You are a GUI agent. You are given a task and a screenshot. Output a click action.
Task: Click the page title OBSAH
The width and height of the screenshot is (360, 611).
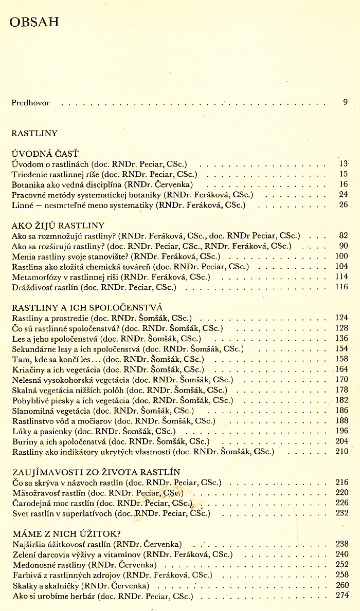(x=34, y=22)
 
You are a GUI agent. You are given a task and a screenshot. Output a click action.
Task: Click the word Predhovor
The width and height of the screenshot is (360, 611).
(x=30, y=103)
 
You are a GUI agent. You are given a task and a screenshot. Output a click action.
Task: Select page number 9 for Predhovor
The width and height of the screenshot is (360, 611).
(x=346, y=102)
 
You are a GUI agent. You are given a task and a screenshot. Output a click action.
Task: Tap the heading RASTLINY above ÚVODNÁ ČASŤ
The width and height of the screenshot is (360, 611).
(x=34, y=133)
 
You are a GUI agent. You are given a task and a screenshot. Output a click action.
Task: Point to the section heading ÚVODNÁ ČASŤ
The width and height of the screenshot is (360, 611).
(x=45, y=154)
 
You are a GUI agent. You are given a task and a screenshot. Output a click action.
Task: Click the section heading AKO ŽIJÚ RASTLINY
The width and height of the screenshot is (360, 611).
(x=58, y=225)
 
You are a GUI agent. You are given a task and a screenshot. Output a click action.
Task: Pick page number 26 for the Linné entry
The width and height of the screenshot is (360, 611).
(x=344, y=205)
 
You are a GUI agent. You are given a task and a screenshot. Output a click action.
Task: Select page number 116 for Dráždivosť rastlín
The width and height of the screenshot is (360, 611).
(x=341, y=287)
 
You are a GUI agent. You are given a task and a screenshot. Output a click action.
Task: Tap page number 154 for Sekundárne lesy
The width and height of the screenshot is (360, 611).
(x=341, y=348)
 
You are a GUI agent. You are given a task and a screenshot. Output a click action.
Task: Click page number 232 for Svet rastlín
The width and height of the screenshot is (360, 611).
(x=341, y=512)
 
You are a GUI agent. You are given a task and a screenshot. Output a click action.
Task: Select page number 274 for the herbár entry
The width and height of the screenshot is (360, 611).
(x=342, y=595)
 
